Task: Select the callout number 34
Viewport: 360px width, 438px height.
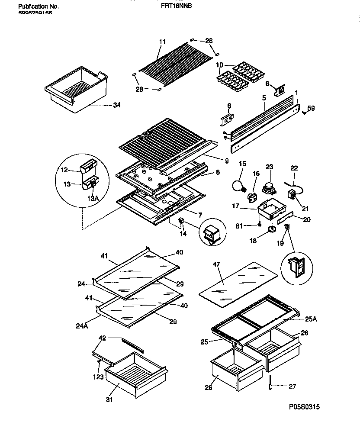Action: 117,104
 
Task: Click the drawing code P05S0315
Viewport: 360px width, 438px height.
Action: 305,407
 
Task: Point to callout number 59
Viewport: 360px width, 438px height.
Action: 311,108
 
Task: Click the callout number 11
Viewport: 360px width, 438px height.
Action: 162,42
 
